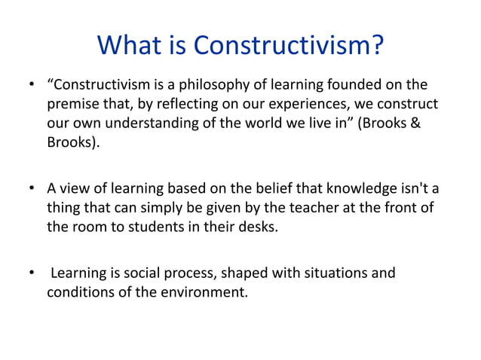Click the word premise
pos(72,102)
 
